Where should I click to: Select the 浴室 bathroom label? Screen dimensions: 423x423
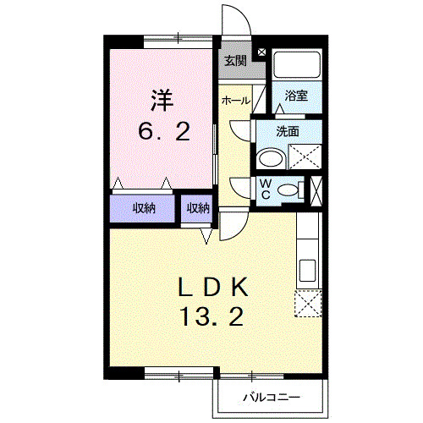[x=296, y=96]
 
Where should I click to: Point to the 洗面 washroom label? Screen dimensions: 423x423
[x=288, y=131]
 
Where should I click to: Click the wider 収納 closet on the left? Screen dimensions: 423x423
[x=142, y=208]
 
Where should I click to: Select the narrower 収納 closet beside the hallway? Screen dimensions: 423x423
[x=198, y=208]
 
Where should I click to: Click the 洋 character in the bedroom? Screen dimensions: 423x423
[x=162, y=101]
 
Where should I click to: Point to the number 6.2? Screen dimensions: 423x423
[x=164, y=132]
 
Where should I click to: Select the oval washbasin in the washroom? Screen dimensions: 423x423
[x=272, y=158]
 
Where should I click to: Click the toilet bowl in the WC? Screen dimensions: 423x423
[x=291, y=190]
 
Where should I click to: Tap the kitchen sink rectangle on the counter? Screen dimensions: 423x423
[x=308, y=271]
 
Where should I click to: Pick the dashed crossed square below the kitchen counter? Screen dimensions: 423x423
[x=308, y=302]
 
